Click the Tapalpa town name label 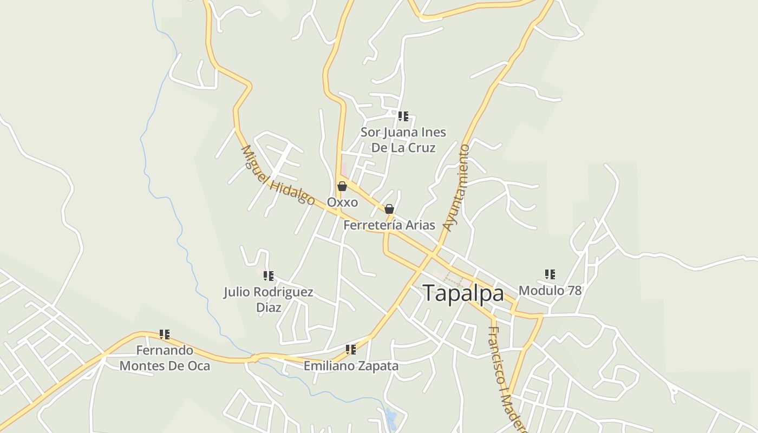pos(463,293)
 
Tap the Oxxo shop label pos(342,202)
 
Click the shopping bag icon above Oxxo pos(342,187)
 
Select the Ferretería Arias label pos(389,225)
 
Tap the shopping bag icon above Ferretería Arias pos(389,209)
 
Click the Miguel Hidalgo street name pos(277,175)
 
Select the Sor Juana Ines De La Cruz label pos(403,140)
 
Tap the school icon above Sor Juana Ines pos(403,116)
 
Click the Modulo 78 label pos(550,291)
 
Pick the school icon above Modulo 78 pos(550,274)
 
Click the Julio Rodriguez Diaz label pos(269,300)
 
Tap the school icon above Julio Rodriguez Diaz pos(269,277)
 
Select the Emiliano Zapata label pos(351,366)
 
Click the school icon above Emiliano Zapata pos(351,350)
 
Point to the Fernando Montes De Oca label pos(165,358)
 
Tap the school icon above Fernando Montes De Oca pos(165,334)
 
